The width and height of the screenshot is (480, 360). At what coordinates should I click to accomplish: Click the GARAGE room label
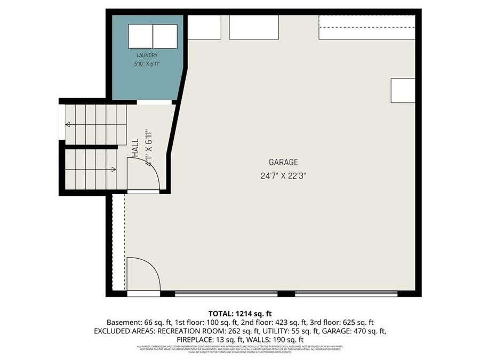pyautogui.click(x=283, y=162)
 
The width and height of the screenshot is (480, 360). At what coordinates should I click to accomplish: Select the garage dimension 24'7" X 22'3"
pyautogui.click(x=283, y=174)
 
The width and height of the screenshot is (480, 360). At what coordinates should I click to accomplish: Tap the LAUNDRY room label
pyautogui.click(x=147, y=55)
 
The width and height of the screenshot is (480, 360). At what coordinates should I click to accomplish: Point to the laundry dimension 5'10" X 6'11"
pyautogui.click(x=147, y=63)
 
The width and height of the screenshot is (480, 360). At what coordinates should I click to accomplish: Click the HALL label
pyautogui.click(x=135, y=148)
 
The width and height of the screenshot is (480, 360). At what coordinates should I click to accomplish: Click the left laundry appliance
pyautogui.click(x=140, y=36)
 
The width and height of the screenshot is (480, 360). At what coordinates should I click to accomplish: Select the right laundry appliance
pyautogui.click(x=165, y=36)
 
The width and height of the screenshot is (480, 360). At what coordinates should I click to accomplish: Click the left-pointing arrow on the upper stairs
pyautogui.click(x=68, y=124)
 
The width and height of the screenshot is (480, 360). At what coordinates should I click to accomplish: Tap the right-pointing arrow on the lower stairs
pyautogui.click(x=114, y=170)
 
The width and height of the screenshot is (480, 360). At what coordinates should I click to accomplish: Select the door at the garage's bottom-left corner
pyautogui.click(x=143, y=275)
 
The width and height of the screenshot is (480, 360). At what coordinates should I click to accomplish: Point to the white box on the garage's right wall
pyautogui.click(x=403, y=91)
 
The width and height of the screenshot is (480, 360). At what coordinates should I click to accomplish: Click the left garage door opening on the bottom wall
pyautogui.click(x=226, y=293)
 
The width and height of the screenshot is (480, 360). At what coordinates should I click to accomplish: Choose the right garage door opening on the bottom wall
pyautogui.click(x=346, y=293)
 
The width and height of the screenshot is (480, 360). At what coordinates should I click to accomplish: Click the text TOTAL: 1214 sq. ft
pyautogui.click(x=239, y=314)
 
